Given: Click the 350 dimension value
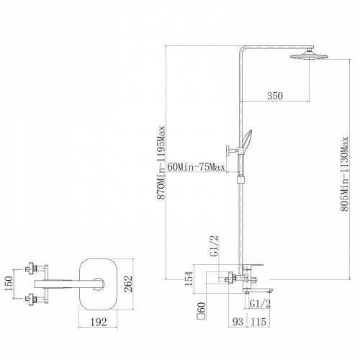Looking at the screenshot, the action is click(x=275, y=96).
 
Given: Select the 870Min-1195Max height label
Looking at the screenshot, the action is click(x=161, y=163).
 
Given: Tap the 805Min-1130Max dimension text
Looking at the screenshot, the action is click(x=345, y=174).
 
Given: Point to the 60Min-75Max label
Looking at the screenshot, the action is click(x=196, y=166).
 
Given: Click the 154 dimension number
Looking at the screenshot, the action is click(x=189, y=279).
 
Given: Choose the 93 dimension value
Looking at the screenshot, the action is click(x=238, y=322).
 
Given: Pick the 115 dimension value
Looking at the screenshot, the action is click(x=258, y=322).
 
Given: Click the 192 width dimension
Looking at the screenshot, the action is click(x=99, y=322).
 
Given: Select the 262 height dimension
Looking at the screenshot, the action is click(x=129, y=284).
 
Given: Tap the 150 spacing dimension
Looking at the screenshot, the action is click(x=9, y=284).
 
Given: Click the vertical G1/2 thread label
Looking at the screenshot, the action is click(x=215, y=246).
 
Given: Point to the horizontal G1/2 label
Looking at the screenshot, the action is click(x=260, y=304).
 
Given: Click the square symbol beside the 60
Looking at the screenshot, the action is click(x=200, y=316).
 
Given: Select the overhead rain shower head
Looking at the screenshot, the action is click(x=309, y=55).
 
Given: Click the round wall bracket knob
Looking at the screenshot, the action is click(x=228, y=150).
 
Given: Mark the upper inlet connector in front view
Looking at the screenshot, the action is click(x=32, y=268).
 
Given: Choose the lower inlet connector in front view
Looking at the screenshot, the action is click(x=32, y=299).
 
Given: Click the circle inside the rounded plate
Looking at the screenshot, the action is click(x=98, y=284).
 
